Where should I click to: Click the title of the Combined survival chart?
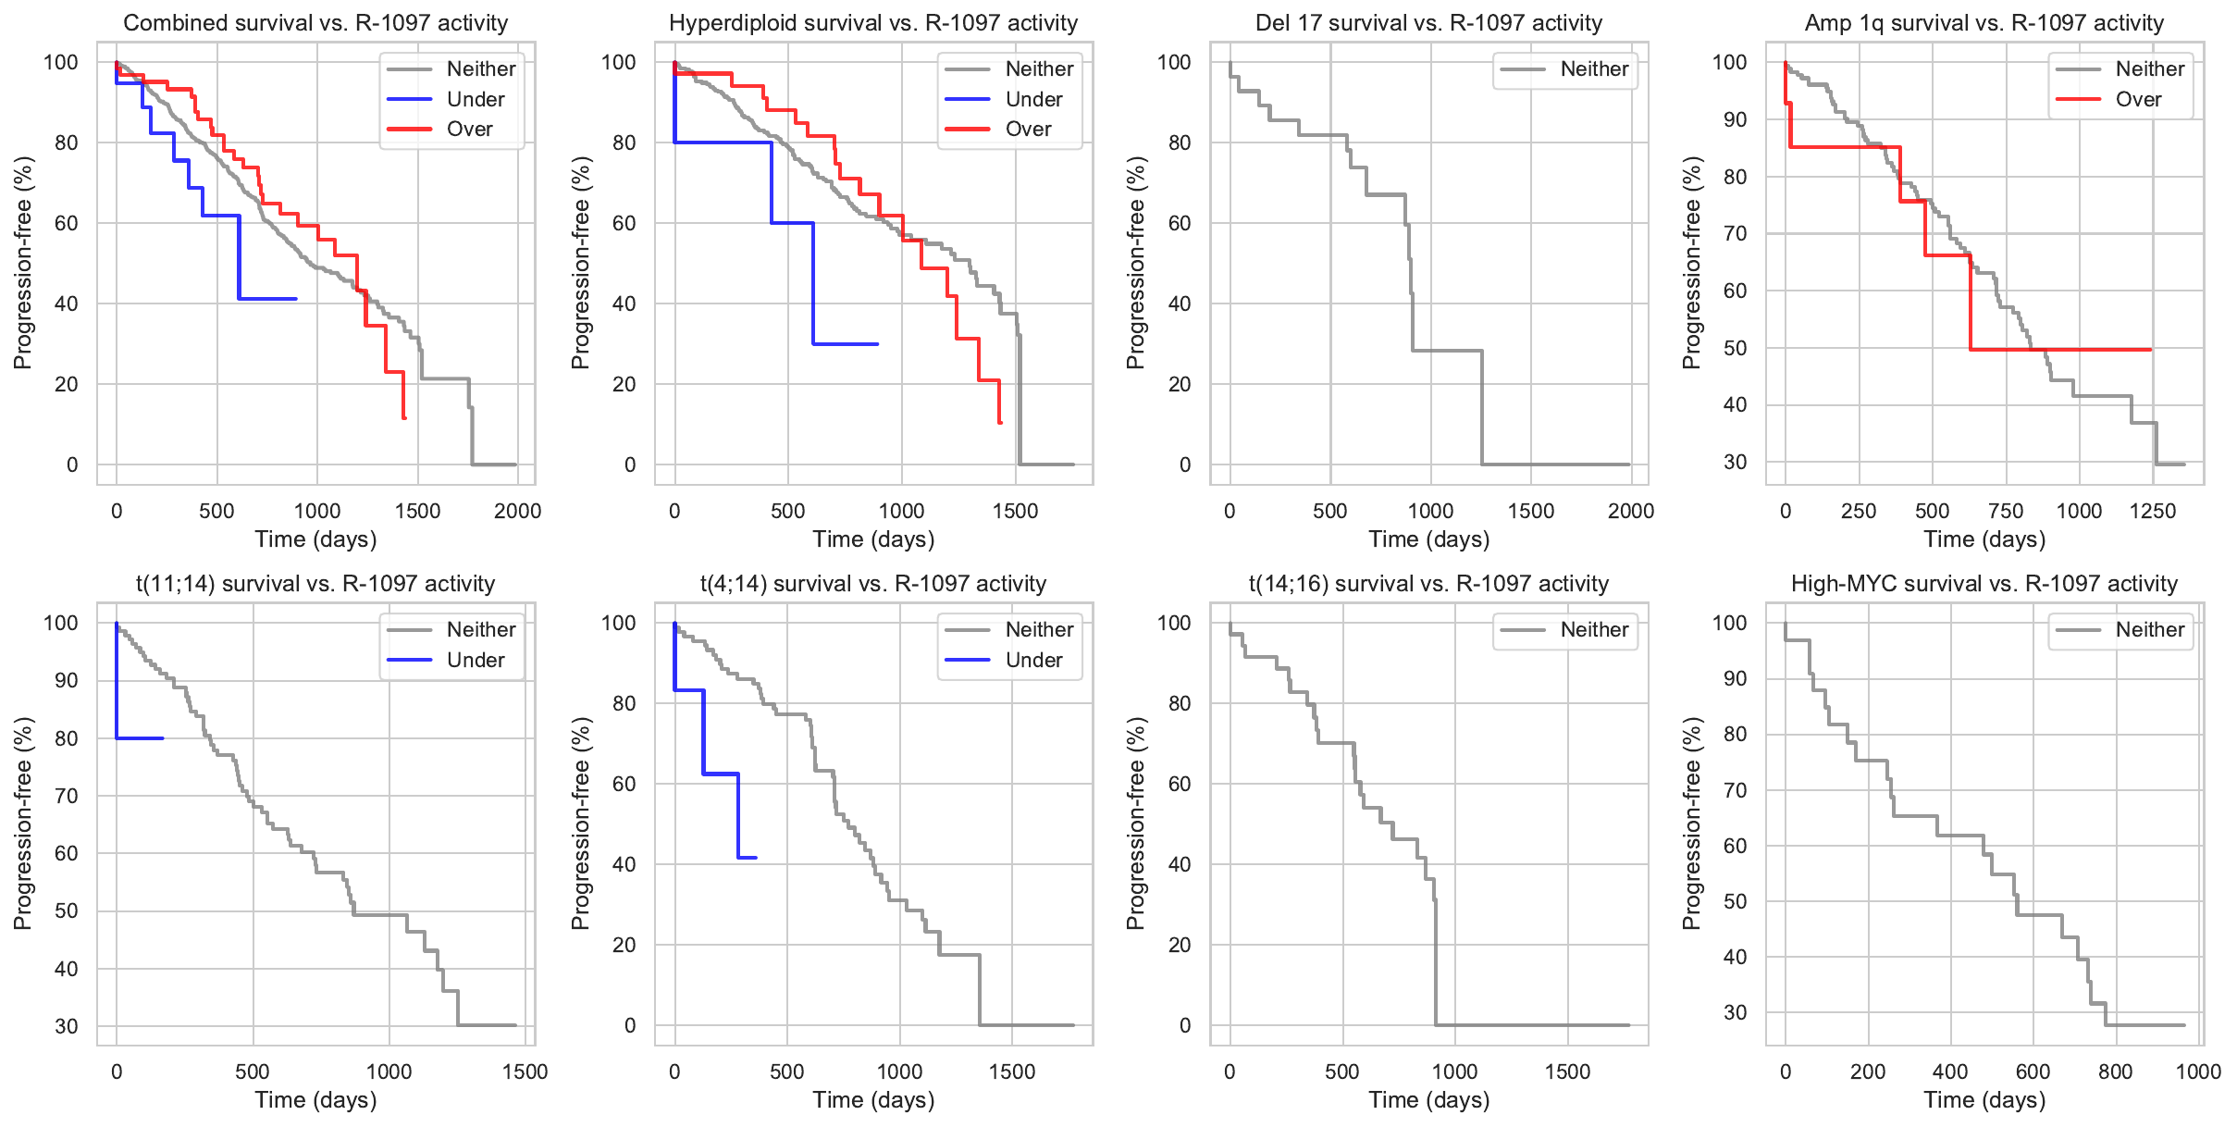[x=315, y=23]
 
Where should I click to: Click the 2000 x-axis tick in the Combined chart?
[x=517, y=511]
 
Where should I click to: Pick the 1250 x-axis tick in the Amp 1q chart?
[x=2152, y=511]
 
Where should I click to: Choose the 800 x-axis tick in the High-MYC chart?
[x=2115, y=1071]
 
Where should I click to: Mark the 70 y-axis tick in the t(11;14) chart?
[x=67, y=796]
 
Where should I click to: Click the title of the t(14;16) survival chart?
[x=1428, y=584]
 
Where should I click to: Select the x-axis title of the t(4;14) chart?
[x=873, y=1100]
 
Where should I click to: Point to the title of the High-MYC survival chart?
[x=1984, y=584]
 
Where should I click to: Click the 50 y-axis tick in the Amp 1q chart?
[x=1735, y=348]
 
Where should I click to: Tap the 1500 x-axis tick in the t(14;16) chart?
[x=1567, y=1071]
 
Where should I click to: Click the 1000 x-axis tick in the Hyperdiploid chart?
[x=901, y=511]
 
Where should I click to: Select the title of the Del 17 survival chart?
[x=1428, y=23]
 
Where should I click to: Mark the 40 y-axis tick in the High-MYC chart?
[x=1735, y=957]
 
